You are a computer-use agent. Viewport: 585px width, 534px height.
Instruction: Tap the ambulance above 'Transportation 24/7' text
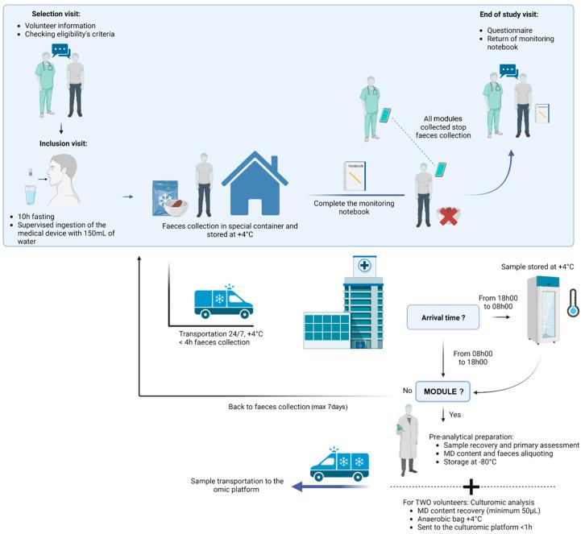click(223, 300)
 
